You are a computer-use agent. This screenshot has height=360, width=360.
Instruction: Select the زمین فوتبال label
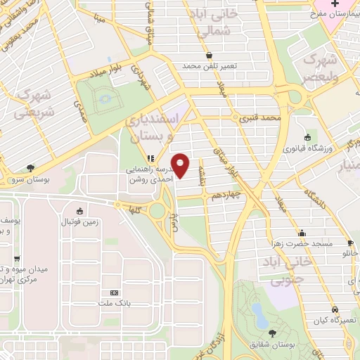pos(79,223)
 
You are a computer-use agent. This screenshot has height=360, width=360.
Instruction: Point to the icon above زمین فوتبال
pos(79,210)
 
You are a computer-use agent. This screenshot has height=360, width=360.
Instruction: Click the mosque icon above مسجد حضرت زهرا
pos(302,232)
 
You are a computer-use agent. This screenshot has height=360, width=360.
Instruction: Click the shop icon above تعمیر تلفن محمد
pos(208,55)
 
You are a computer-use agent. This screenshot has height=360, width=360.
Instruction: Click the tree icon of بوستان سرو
pos(30,167)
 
